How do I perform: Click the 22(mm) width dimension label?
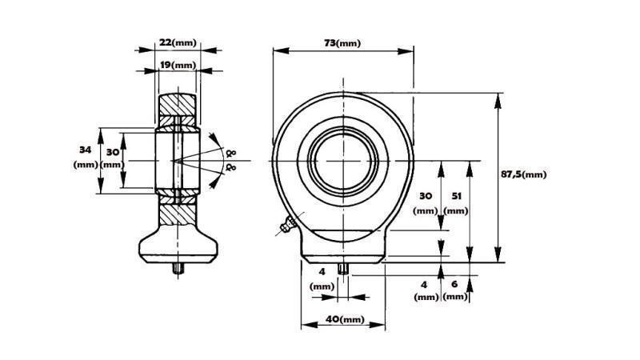pyautogui.click(x=177, y=42)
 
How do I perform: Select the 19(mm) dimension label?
pyautogui.click(x=177, y=65)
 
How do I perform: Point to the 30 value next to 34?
pyautogui.click(x=112, y=151)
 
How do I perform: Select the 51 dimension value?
pyautogui.click(x=456, y=195)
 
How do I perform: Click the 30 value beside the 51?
pyautogui.click(x=426, y=195)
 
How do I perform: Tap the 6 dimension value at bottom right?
pyautogui.click(x=455, y=284)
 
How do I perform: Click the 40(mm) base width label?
pyautogui.click(x=344, y=319)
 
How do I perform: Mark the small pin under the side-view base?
pyautogui.click(x=177, y=270)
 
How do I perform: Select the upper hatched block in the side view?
pyautogui.click(x=177, y=105)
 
